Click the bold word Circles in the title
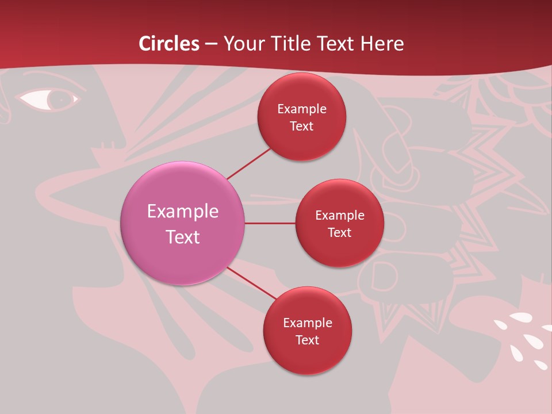pos(169,44)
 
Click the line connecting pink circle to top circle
pos(249,163)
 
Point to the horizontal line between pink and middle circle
pos(270,223)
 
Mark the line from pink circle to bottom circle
pos(251,284)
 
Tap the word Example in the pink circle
pos(183,212)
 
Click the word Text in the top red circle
pos(301,126)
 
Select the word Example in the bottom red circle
pos(307,323)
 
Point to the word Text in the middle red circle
pos(339,233)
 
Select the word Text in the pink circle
pos(183,237)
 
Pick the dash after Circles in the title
pos(211,44)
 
